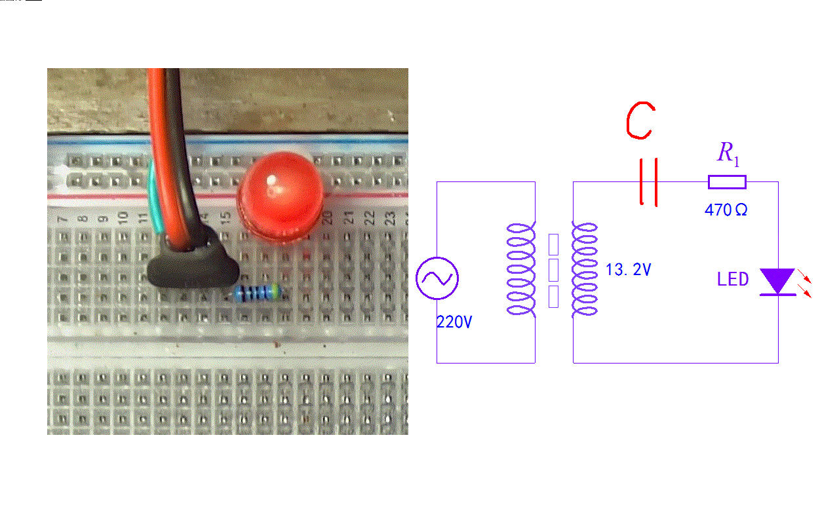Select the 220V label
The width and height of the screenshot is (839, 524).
(x=454, y=322)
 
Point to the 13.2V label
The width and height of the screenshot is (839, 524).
(x=629, y=270)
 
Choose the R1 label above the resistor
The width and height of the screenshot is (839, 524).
(x=728, y=154)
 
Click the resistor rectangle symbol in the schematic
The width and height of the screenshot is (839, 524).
(x=727, y=182)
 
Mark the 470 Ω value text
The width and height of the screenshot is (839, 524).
(x=726, y=210)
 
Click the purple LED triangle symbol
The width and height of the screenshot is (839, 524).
(x=777, y=281)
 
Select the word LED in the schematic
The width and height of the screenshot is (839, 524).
(x=733, y=280)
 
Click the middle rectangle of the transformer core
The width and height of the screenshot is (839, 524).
(x=553, y=270)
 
